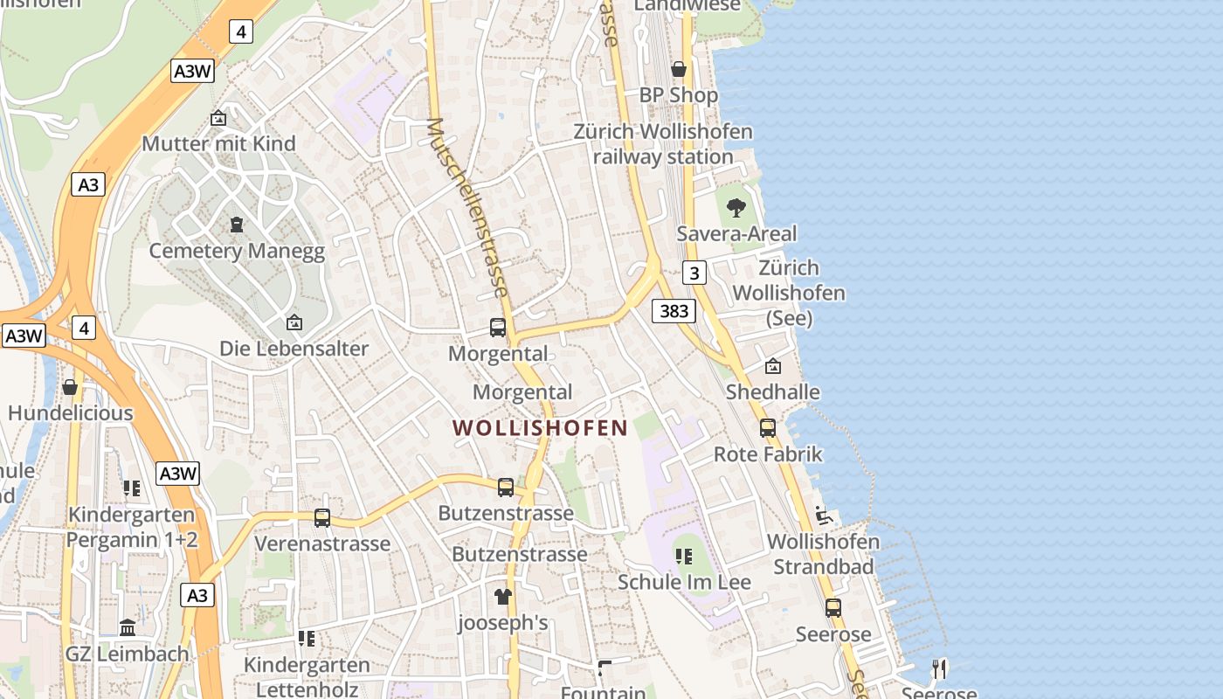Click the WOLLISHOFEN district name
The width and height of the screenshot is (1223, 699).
point(540,428)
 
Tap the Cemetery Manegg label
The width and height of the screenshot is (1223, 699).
point(237,252)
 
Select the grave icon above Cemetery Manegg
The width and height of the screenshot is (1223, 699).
point(236,225)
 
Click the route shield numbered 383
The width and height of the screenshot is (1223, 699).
point(674,310)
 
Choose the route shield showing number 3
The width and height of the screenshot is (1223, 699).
point(694,273)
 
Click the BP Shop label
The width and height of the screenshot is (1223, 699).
point(679,94)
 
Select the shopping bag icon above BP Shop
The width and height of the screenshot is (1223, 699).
point(678,69)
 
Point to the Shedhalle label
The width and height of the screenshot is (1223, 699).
point(773,392)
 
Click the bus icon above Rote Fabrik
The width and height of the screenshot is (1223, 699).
point(768,428)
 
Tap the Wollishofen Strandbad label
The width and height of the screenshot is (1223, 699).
point(823,554)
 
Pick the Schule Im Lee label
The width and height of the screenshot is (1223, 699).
point(684,582)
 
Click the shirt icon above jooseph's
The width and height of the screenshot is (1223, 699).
point(502,597)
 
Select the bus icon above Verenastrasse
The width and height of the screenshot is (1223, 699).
point(322,518)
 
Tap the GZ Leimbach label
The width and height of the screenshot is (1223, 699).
point(127,654)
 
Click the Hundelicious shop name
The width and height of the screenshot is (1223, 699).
point(71,413)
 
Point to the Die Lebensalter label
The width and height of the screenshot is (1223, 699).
point(294,349)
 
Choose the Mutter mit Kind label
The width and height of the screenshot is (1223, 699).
point(218,143)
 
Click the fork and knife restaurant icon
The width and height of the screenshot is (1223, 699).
point(939,669)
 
